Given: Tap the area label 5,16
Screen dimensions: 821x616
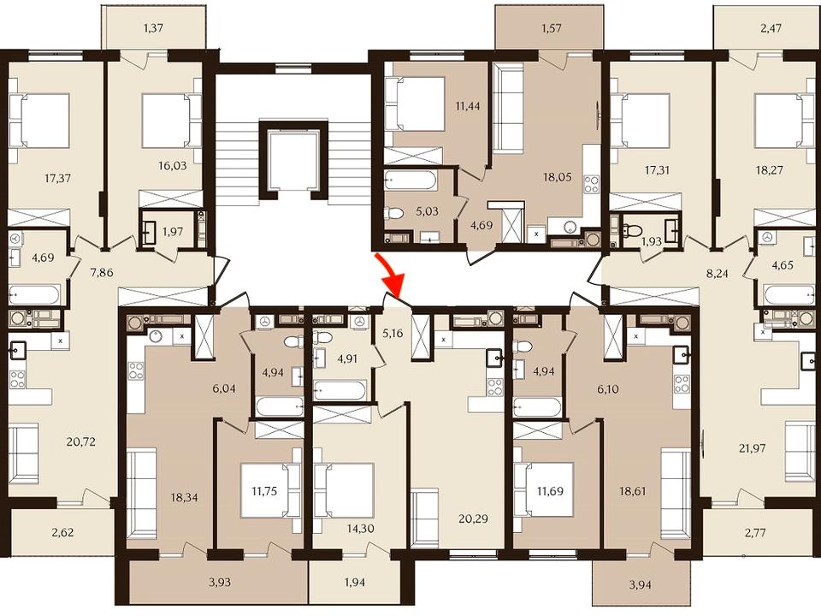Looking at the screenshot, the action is click(393, 333).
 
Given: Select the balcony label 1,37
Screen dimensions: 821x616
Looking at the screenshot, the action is click(153, 27).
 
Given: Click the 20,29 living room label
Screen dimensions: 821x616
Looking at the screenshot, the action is click(473, 518).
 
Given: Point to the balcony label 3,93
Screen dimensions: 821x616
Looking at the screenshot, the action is click(220, 582).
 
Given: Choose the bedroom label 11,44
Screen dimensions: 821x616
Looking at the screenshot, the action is click(468, 106).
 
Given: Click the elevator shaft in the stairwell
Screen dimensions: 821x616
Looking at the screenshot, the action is click(292, 159).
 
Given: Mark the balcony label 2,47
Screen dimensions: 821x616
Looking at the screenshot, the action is click(771, 27).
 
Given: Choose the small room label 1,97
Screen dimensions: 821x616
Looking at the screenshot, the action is click(173, 231).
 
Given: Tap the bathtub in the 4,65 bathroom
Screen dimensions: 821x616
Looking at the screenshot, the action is click(785, 295).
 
